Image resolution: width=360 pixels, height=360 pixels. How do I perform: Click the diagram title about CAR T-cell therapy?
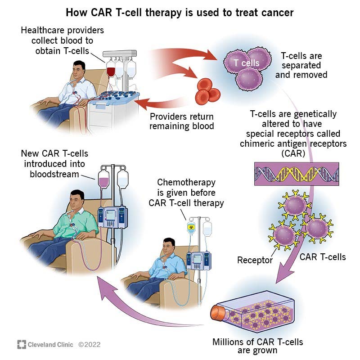pos(180,12)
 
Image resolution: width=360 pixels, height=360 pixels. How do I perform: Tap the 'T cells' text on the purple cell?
pos(246,63)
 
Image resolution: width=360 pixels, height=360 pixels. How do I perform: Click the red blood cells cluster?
pos(207,90)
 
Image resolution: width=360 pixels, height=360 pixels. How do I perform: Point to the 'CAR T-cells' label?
pos(322,257)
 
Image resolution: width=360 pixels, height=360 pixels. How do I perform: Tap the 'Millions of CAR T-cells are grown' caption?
pos(258,346)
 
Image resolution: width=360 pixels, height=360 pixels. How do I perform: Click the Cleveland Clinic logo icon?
pos(22,345)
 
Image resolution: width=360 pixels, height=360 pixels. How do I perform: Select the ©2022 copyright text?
pos(89,345)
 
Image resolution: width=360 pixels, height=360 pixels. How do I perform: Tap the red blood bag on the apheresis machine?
pos(111,72)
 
